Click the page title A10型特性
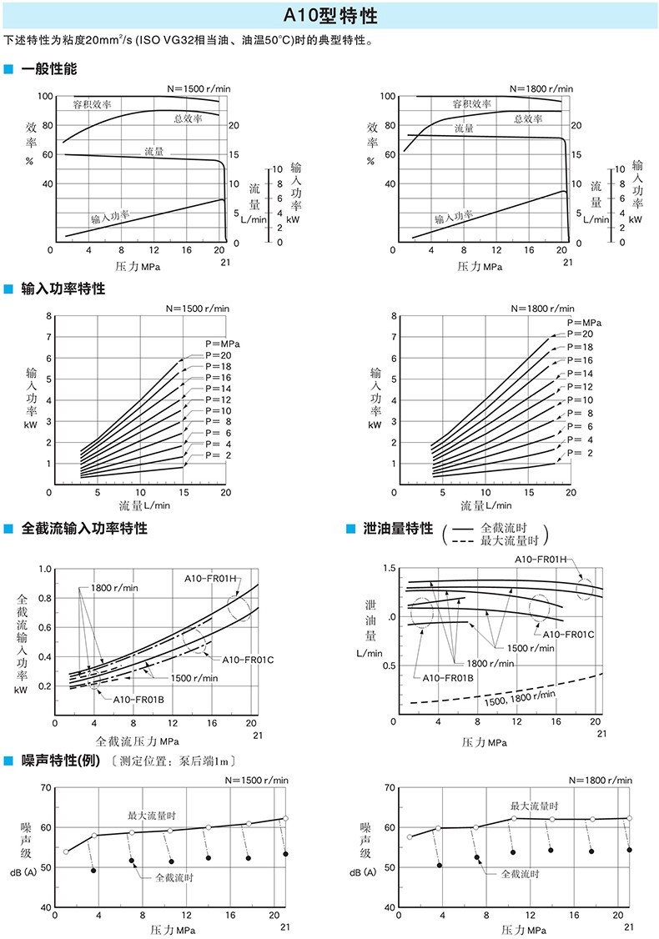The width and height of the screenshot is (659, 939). coord(329,16)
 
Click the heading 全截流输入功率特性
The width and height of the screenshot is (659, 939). coord(83,528)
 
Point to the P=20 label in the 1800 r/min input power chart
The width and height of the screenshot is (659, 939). coord(580,334)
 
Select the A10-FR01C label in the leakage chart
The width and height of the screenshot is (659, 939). coord(568,634)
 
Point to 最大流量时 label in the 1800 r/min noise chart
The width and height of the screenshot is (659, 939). coord(535,806)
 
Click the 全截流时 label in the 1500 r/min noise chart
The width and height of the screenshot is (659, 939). coord(174,877)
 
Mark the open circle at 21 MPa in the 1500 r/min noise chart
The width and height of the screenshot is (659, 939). coord(285,818)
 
